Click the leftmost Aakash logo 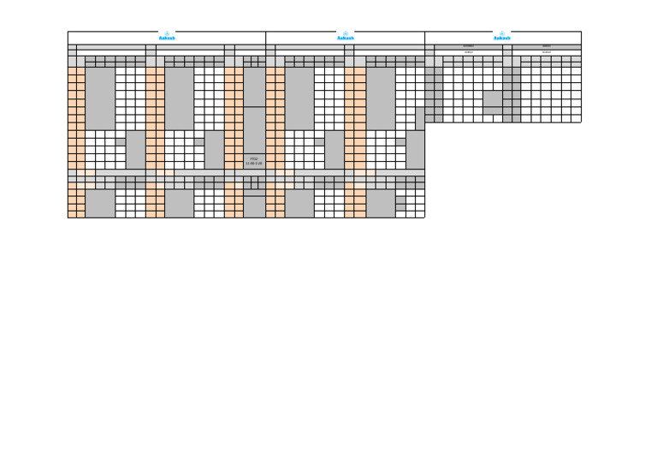point(167,37)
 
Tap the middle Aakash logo point(346,37)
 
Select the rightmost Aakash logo point(502,37)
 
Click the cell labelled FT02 point(254,161)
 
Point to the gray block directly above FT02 point(254,130)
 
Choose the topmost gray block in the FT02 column point(254,86)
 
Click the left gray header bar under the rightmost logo point(469,46)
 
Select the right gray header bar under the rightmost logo point(547,46)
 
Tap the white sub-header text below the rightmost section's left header point(469,52)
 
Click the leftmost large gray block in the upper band point(100,98)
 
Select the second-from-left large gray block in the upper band point(179,98)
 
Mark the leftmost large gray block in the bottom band point(100,204)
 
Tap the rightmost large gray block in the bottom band point(381,204)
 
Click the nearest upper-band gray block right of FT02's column point(299,98)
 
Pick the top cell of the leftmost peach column point(72,71)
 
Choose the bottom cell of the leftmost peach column point(72,214)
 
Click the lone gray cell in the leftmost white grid point(121,141)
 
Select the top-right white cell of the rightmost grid point(577,71)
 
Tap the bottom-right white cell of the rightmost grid point(577,118)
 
